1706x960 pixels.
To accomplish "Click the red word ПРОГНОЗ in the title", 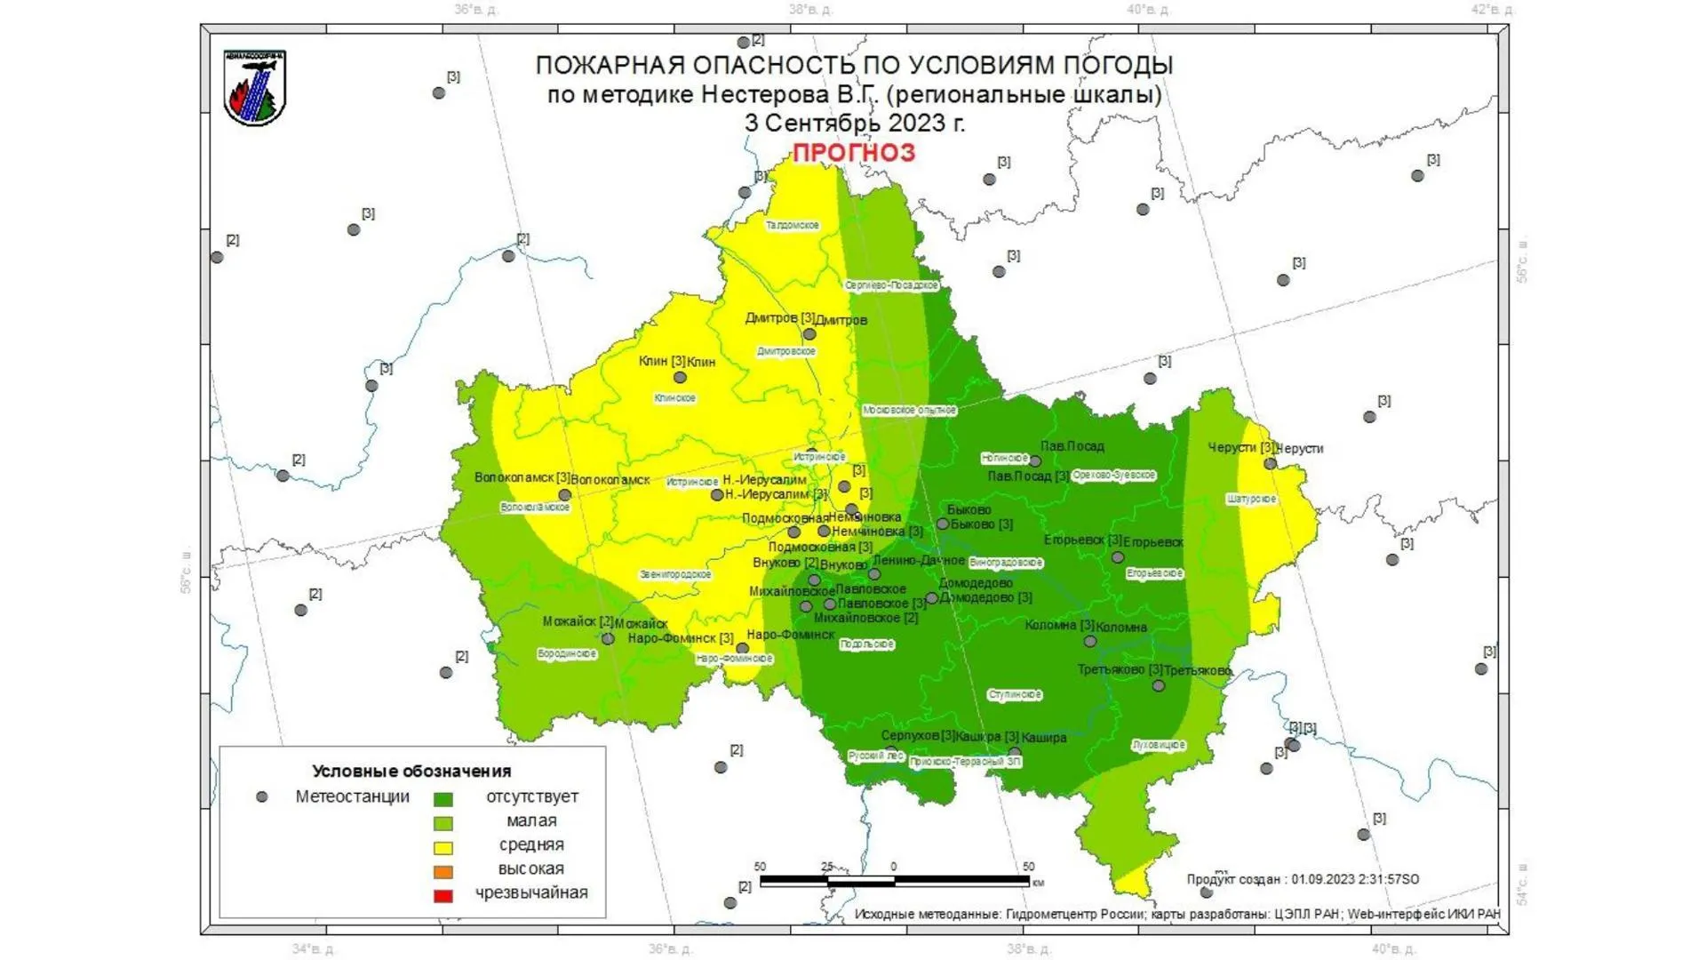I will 853,153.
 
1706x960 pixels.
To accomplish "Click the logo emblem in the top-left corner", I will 255,88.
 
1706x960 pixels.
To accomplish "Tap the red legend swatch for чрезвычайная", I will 442,896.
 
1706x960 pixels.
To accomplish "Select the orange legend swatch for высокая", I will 442,872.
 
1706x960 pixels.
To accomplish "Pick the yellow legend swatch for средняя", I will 442,848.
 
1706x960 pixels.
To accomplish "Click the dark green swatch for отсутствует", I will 442,800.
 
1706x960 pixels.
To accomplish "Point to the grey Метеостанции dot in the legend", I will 261,797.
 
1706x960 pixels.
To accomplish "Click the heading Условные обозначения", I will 411,771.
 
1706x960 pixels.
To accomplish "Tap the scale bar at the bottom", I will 894,881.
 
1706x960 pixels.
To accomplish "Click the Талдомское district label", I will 792,226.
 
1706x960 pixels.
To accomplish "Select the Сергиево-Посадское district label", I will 891,285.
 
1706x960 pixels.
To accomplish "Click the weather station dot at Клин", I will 680,378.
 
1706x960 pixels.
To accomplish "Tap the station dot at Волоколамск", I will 564,495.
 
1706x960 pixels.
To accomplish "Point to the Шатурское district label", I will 1251,500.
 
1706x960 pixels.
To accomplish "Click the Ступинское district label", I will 1015,695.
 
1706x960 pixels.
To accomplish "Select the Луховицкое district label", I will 1159,745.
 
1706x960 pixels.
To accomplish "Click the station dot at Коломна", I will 1089,641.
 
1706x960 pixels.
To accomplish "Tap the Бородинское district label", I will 567,654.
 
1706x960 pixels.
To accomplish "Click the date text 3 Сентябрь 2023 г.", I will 854,123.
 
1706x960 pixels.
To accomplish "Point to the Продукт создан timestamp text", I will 1302,879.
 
